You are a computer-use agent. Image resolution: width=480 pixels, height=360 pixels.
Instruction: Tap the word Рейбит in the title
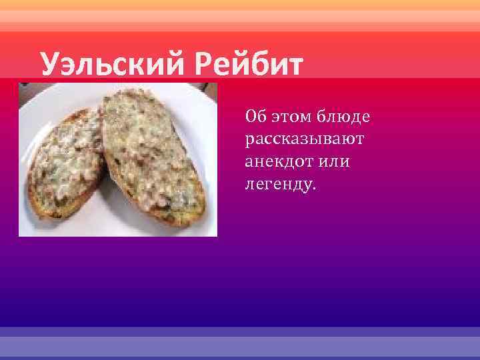pos(249,66)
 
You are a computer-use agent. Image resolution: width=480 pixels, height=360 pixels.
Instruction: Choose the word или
pos(335,162)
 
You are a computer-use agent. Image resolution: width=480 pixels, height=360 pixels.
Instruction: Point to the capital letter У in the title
pos(49,66)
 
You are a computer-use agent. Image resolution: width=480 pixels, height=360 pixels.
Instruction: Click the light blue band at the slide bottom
pos(240,343)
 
